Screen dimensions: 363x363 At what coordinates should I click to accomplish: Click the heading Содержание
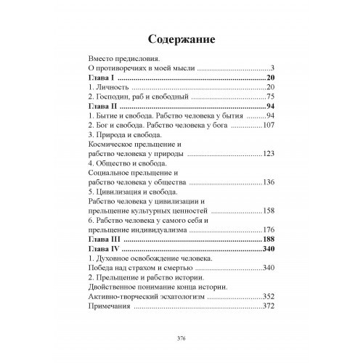tap(181, 38)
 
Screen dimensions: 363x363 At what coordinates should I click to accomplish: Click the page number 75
tap(271, 96)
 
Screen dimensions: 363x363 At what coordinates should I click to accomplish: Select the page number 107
tap(269, 125)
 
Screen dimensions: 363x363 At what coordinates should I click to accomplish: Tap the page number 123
tap(269, 153)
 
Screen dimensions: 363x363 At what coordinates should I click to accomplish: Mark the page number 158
tap(269, 211)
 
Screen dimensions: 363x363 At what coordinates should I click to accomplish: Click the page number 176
tap(269, 229)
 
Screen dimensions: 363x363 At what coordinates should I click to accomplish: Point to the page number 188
tap(269, 239)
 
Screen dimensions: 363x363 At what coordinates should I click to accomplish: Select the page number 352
tap(269, 296)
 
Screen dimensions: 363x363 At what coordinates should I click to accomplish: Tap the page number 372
tap(269, 306)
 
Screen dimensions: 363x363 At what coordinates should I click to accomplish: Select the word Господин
tap(113, 96)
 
